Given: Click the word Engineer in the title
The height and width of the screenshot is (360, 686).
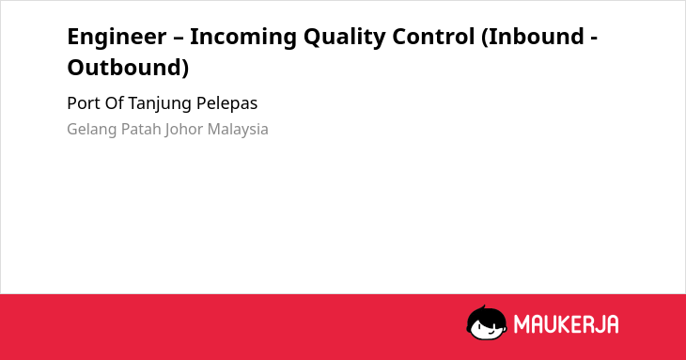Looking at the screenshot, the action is click(117, 38).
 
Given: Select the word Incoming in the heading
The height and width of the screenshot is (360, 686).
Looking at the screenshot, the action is click(243, 38).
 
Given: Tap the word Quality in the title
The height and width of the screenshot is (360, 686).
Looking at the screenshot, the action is click(345, 38).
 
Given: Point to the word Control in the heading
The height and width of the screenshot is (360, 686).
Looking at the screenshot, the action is click(433, 37).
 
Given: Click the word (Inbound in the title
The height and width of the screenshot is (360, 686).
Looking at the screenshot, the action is click(533, 37).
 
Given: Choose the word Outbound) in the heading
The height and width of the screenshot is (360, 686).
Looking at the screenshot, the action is click(128, 68).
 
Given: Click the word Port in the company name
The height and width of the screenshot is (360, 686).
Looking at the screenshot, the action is click(80, 103).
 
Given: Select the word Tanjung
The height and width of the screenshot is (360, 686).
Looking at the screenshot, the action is click(161, 104).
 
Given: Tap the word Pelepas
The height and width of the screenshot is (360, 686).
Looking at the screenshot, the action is click(226, 104).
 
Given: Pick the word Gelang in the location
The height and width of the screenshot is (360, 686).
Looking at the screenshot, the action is click(91, 130).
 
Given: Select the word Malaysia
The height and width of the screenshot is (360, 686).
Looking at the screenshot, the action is click(238, 130).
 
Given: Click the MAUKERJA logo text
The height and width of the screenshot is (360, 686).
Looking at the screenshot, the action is click(566, 324).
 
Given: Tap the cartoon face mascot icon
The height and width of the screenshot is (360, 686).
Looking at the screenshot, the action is click(487, 322).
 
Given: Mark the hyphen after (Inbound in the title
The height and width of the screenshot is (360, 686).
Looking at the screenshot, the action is click(594, 39).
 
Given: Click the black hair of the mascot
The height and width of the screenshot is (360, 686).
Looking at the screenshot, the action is click(486, 314).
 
